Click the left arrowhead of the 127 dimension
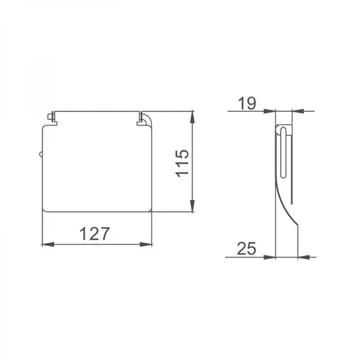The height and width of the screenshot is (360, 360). (45, 244)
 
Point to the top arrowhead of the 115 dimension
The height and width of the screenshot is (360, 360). (192, 115)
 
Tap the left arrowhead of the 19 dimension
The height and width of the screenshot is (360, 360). (270, 111)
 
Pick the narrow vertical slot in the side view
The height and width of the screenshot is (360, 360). (283, 150)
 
